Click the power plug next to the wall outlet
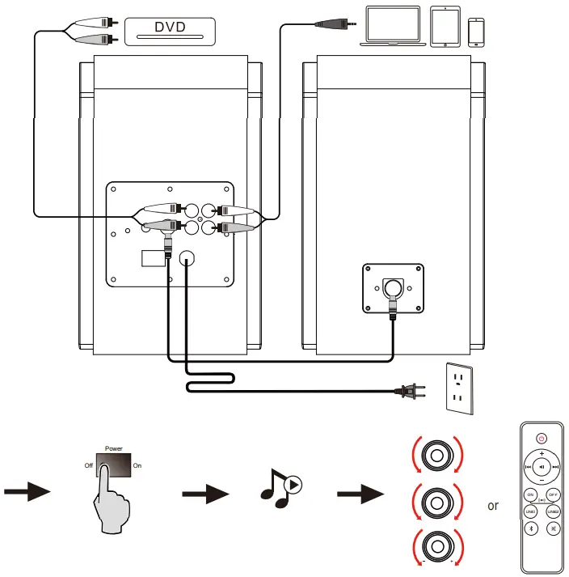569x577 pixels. (410, 392)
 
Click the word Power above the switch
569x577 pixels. (114, 446)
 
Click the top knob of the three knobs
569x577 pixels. (436, 456)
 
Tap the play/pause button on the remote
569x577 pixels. (542, 467)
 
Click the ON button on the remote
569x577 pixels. (531, 494)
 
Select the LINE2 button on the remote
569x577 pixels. (554, 511)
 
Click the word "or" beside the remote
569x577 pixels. (492, 507)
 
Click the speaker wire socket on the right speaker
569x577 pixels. (392, 287)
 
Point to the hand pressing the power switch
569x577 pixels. (109, 502)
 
